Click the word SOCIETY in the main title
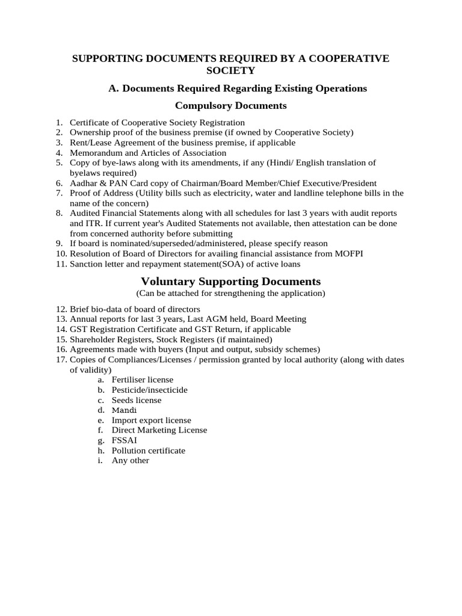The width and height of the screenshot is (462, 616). pos(231,71)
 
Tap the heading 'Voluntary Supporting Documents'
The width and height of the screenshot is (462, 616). pos(230,282)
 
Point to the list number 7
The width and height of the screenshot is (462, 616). pos(59,193)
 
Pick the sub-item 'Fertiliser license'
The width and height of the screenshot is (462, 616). pos(142,380)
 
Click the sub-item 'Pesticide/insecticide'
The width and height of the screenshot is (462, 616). pos(149,390)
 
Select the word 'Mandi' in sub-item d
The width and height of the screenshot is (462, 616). pos(124,410)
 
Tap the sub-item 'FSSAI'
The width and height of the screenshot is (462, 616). pos(124,440)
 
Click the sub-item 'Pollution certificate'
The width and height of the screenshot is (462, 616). pos(148,451)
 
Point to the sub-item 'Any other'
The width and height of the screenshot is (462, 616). pos(130,461)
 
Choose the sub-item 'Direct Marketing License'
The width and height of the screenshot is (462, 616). pos(159,430)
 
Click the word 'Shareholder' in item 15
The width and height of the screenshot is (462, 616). pos(92,339)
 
